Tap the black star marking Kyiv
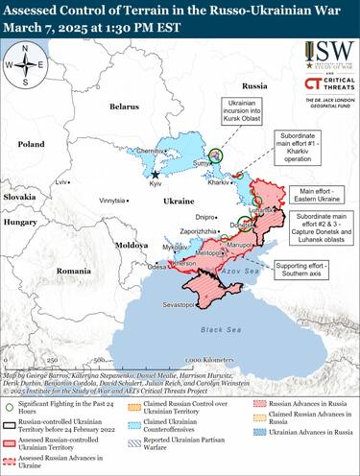click(x=156, y=175)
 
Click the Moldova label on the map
click(x=132, y=245)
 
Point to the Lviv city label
click(x=62, y=181)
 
